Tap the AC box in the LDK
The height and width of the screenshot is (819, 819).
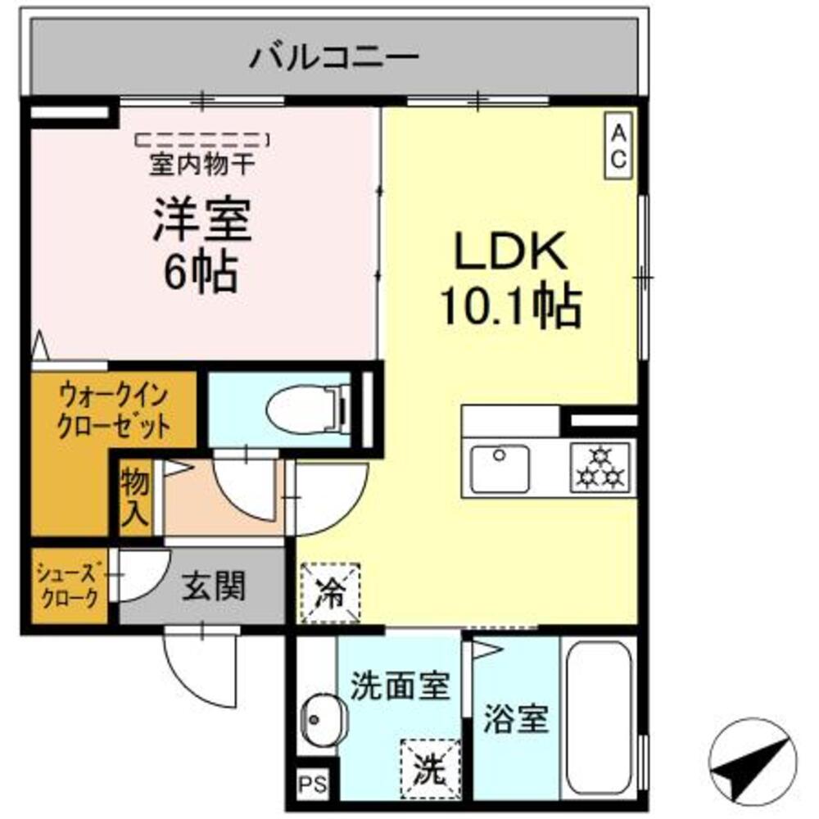[618, 144]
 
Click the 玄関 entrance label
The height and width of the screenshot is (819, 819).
[213, 586]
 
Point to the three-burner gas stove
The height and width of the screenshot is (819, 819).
[600, 468]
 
